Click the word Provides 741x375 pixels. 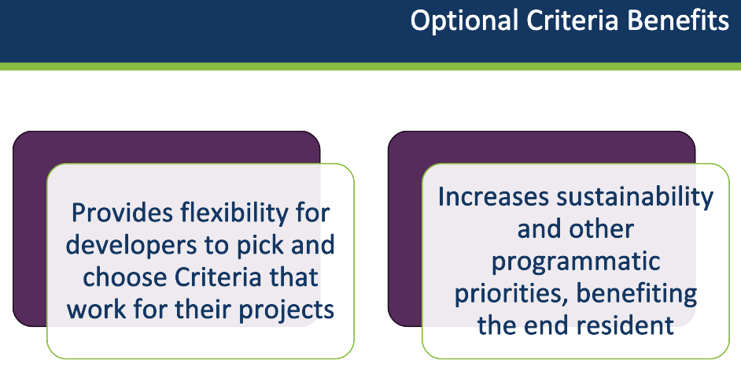[123, 213]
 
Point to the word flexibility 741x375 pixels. [234, 214]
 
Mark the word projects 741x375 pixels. [286, 310]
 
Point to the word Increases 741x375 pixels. [493, 196]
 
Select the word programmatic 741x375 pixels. [576, 262]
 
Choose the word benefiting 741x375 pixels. [636, 295]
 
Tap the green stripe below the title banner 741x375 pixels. [370, 66]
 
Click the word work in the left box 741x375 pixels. [96, 309]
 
